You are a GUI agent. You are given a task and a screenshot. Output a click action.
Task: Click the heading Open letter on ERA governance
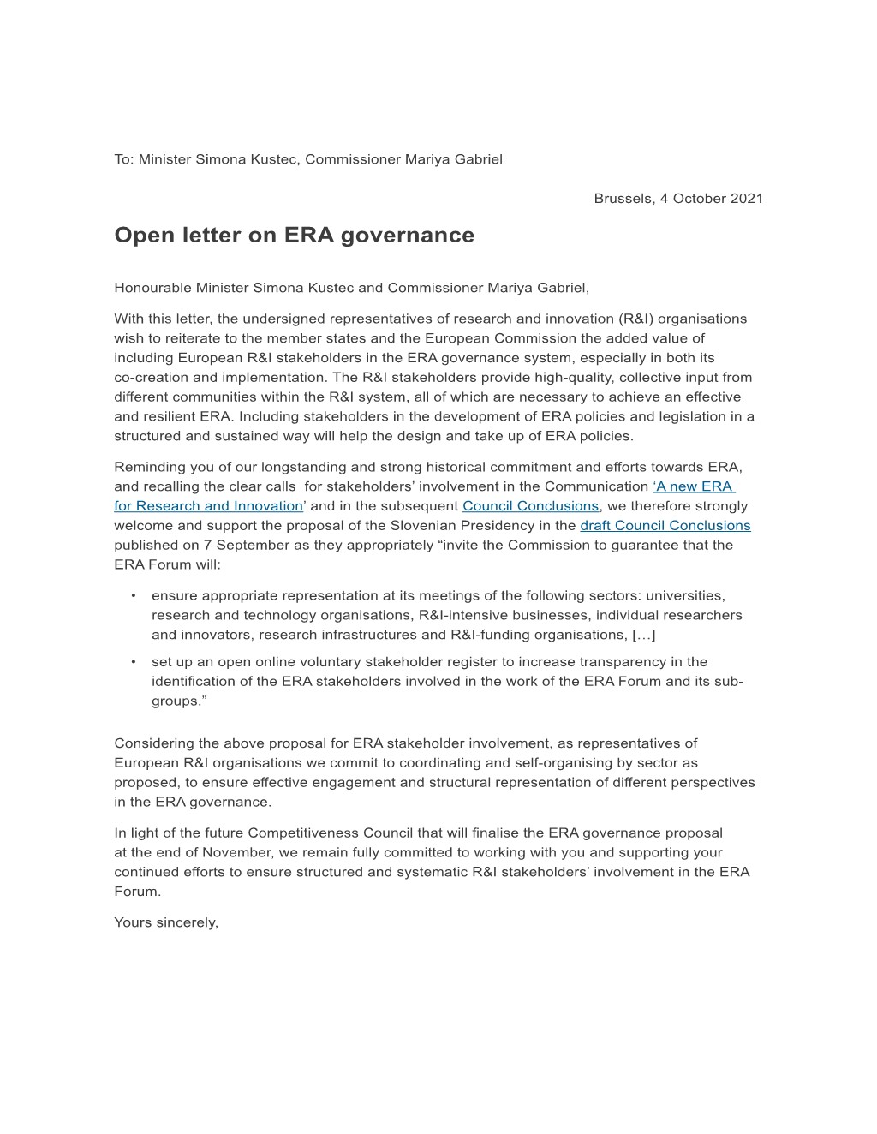tap(294, 235)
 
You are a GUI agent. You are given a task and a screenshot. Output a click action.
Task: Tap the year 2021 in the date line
tap(746, 198)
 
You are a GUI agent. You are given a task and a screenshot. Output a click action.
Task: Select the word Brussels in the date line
tap(623, 198)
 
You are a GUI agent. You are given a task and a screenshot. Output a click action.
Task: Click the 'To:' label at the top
tap(124, 158)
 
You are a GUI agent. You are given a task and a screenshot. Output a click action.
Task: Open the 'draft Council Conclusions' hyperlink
tap(665, 525)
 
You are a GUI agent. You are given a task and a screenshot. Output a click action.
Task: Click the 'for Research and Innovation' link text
tap(208, 505)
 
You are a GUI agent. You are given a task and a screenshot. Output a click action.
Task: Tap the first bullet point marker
tap(134, 595)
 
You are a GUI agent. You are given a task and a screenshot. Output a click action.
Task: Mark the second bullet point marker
tap(134, 661)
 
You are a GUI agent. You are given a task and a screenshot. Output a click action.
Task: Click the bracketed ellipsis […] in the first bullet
tap(644, 634)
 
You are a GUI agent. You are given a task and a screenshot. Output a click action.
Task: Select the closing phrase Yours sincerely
tap(166, 922)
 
